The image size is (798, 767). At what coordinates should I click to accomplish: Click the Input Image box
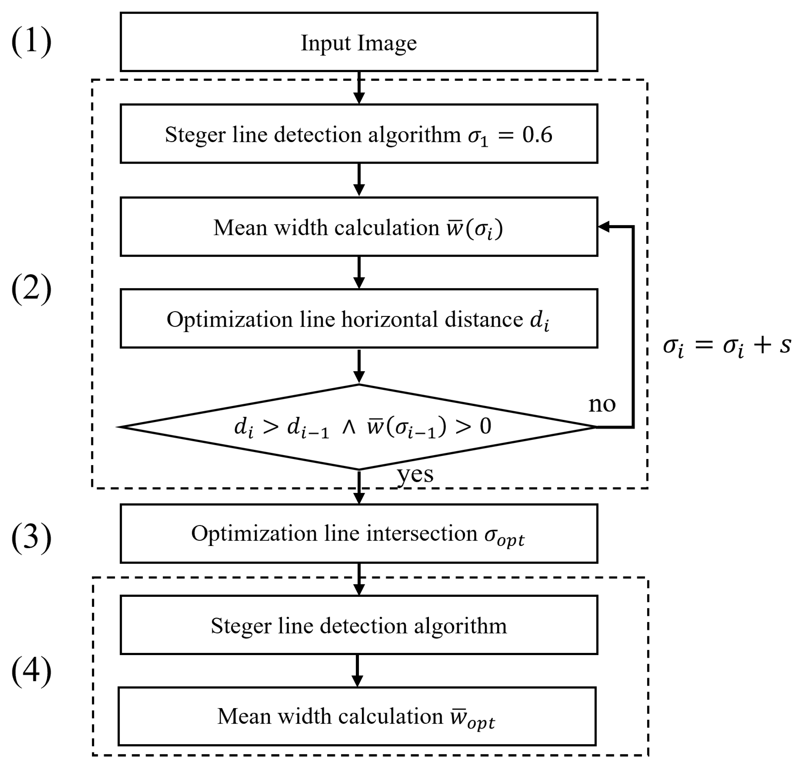pyautogui.click(x=358, y=42)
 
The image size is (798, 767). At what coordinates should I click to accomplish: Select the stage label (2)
pyautogui.click(x=31, y=288)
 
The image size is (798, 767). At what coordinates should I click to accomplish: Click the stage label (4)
pyautogui.click(x=31, y=671)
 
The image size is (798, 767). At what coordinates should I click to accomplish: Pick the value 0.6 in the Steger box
pyautogui.click(x=537, y=135)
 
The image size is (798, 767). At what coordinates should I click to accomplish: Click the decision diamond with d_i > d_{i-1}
pyautogui.click(x=358, y=427)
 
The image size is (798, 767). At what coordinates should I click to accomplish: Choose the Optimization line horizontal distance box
pyautogui.click(x=358, y=319)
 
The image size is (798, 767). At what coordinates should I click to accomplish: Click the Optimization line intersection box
pyautogui.click(x=358, y=534)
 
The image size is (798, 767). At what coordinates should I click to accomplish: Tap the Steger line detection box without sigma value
pyautogui.click(x=358, y=625)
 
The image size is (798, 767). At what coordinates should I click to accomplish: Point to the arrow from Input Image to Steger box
pyautogui.click(x=359, y=88)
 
